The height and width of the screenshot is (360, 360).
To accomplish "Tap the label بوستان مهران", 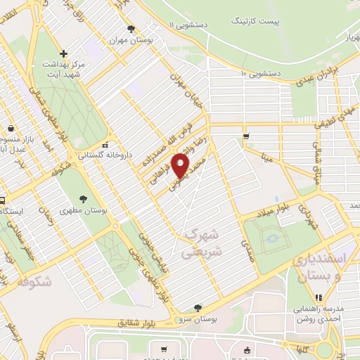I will pos(131,41).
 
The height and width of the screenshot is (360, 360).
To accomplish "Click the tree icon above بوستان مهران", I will pos(131,29).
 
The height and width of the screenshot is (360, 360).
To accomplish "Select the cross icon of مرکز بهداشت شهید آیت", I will pos(63,53).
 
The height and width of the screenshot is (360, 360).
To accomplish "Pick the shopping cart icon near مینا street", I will pos(245,136).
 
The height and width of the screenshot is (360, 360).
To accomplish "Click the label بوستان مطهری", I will pos(82,210).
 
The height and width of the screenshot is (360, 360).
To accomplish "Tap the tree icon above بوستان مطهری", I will pos(83,198).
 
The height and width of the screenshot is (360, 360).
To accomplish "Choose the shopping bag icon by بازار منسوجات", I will pos(11,128).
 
